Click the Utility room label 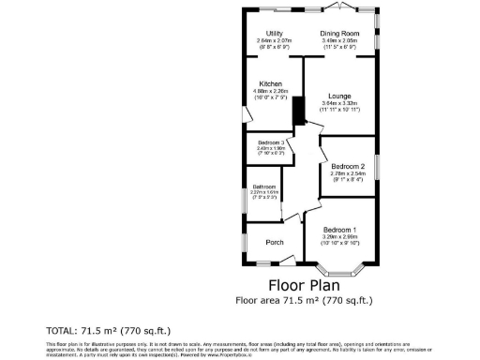coord(275,33)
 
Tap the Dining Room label coord(341,33)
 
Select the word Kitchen coord(271,83)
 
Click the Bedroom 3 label coord(271,142)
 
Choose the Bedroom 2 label coord(347,166)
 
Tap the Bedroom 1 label coord(340,230)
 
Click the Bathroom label coord(263,187)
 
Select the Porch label coord(275,242)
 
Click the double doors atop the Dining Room coord(341,8)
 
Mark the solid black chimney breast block coord(298,112)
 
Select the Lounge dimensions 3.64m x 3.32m coord(338,103)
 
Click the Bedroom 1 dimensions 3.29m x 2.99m coord(340,238)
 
